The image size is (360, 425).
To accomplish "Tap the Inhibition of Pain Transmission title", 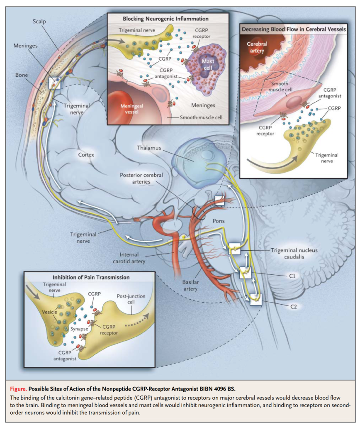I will click(x=91, y=277).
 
